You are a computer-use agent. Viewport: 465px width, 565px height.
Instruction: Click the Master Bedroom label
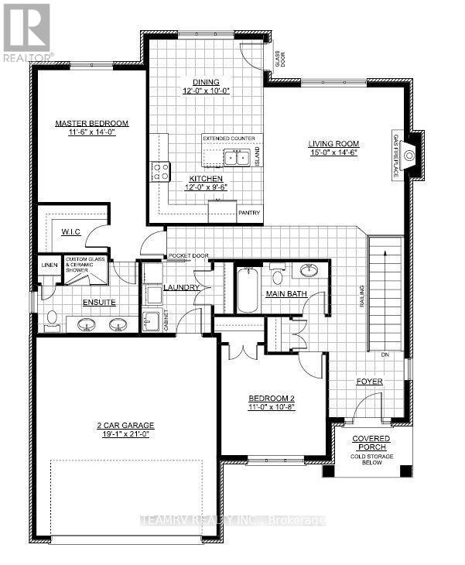coord(91,123)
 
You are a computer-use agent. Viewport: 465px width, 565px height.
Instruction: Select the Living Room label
coord(332,143)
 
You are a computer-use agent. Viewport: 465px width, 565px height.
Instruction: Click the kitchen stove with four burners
coord(160,171)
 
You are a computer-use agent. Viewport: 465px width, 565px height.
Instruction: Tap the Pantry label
coord(250,213)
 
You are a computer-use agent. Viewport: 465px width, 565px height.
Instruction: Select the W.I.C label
coord(71,231)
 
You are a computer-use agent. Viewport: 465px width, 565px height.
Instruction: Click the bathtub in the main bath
coord(248,289)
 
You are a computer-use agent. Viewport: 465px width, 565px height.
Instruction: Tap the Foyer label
coord(369,382)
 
